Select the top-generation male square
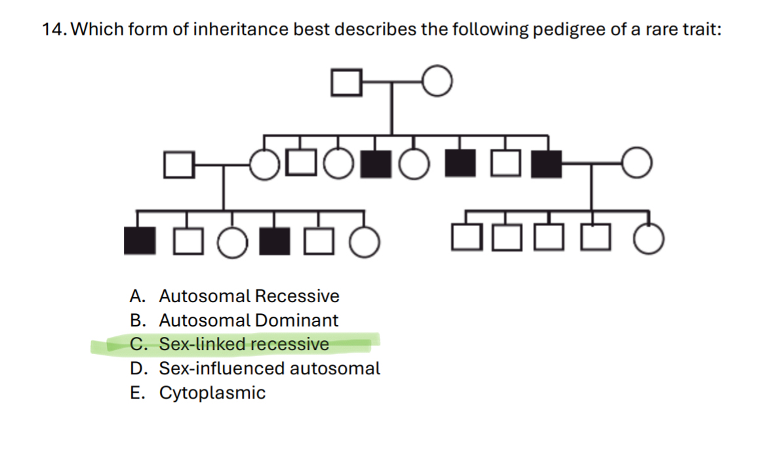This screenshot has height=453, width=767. [347, 83]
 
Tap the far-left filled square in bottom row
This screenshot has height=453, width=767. [140, 241]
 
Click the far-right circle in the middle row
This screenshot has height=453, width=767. [637, 164]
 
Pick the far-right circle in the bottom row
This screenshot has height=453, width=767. [649, 241]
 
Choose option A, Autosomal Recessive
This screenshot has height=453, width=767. [249, 296]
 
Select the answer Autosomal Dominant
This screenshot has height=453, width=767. [248, 321]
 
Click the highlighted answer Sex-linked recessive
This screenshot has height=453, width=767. [244, 344]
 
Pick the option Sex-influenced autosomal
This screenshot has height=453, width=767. [269, 368]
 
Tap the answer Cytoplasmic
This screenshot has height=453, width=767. [212, 393]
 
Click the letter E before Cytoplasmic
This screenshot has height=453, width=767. [136, 393]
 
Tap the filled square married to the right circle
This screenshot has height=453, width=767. [547, 164]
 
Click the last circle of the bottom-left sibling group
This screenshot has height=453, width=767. [364, 241]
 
